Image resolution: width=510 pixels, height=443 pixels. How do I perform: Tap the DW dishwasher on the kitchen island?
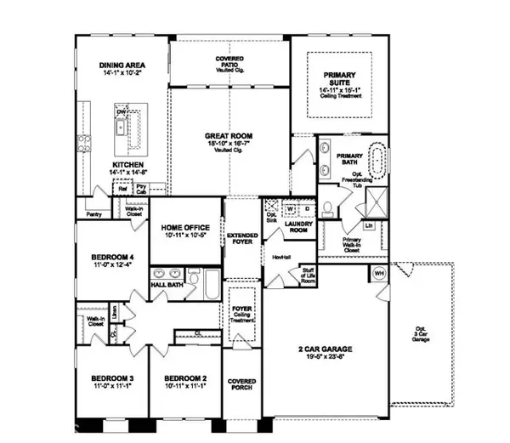[121, 112]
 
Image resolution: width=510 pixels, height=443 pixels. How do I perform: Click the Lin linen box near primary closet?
[369, 225]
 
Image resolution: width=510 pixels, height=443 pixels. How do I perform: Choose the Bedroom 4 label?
[113, 259]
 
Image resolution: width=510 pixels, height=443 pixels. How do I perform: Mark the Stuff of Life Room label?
[308, 275]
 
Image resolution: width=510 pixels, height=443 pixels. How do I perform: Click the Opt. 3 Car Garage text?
[419, 334]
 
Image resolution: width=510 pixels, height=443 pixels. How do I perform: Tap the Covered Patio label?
[229, 62]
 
